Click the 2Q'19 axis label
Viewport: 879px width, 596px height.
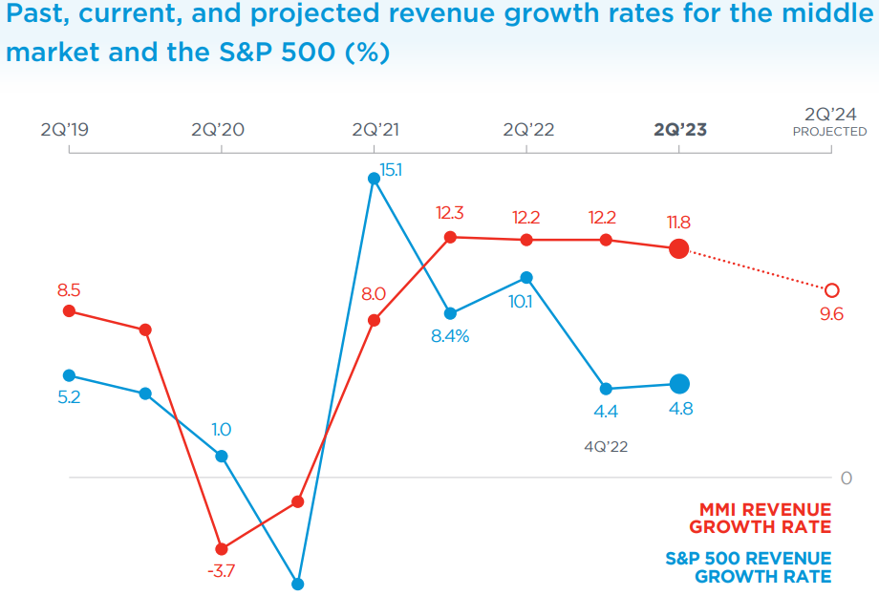[x=65, y=130]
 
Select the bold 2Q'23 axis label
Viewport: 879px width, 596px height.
[x=680, y=130]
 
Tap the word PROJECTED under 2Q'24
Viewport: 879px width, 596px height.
[x=829, y=132]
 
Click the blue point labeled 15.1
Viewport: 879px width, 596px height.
[x=375, y=179]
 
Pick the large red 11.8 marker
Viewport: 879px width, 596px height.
[x=678, y=249]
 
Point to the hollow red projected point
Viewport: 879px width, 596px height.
[x=831, y=289]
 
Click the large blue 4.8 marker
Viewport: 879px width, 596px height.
[x=679, y=384]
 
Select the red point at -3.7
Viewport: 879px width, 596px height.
[x=222, y=549]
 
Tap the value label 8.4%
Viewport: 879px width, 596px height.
[x=450, y=336]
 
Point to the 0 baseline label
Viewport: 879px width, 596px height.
[x=846, y=479]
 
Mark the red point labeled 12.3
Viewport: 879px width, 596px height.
[x=451, y=237]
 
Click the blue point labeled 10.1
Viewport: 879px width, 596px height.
[x=527, y=277]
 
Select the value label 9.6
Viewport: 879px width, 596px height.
[x=831, y=314]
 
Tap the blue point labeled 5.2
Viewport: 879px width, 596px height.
[x=69, y=375]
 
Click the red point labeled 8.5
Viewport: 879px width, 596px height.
[x=69, y=310]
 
